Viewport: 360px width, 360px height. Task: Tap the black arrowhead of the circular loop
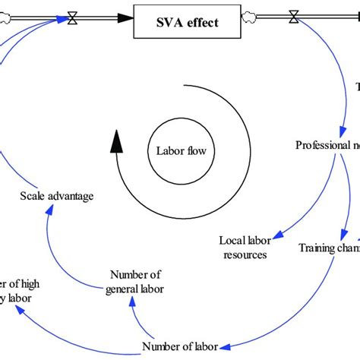[x=115, y=139]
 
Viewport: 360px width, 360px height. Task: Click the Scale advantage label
[x=57, y=196]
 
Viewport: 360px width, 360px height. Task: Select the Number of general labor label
[x=136, y=281]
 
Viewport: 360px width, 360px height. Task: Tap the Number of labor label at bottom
[x=180, y=347]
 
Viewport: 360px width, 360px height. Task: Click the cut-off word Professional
[x=319, y=145]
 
